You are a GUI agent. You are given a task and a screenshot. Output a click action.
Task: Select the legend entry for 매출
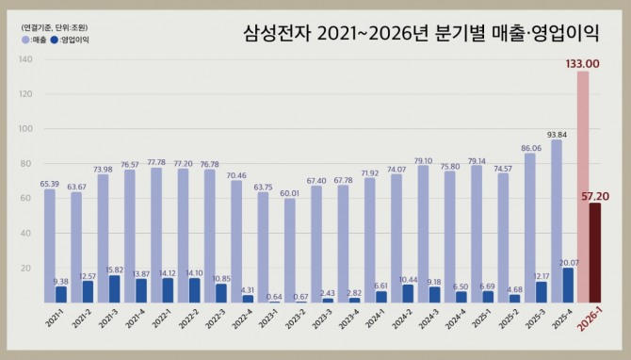[x=34, y=41]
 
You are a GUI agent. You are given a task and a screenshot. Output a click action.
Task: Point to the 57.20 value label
[x=594, y=195]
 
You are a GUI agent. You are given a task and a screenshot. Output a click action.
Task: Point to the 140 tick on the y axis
[x=25, y=59]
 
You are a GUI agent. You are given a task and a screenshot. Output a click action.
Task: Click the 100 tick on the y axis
[x=25, y=129]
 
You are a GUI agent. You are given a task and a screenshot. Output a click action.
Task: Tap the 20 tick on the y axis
[x=27, y=268]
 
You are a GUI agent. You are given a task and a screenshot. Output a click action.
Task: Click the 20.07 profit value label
[x=568, y=261]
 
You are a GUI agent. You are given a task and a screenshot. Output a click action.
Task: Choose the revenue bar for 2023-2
[x=290, y=250]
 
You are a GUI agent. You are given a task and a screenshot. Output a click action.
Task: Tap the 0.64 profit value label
[x=275, y=295]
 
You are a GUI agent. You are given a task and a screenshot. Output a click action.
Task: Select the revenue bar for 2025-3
[x=529, y=226]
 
